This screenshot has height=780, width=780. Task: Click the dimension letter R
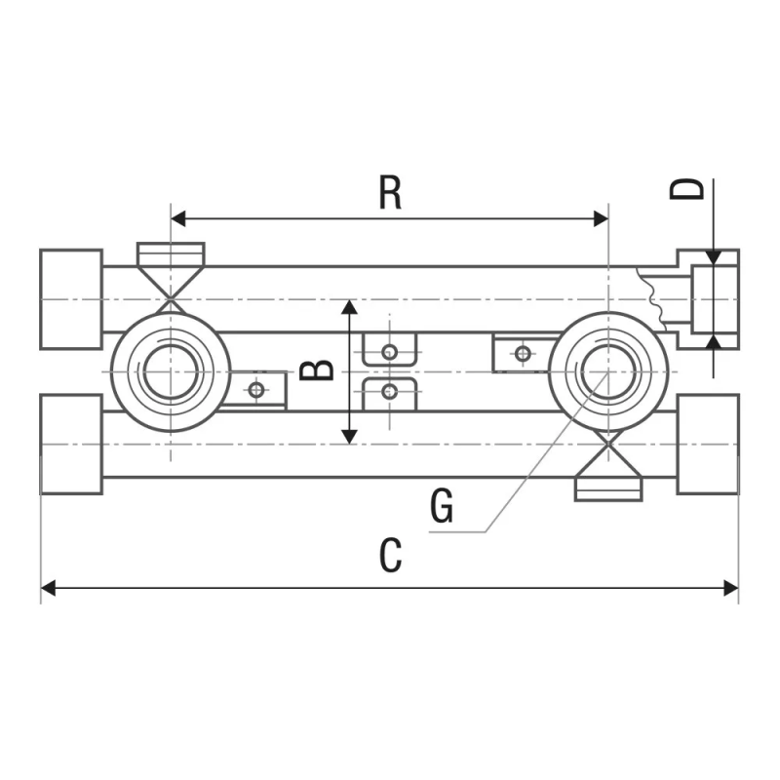tap(390, 192)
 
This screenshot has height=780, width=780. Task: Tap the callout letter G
tap(442, 507)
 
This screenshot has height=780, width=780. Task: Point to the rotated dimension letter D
tap(688, 187)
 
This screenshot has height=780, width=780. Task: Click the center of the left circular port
tap(171, 371)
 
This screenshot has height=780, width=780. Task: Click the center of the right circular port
tap(607, 371)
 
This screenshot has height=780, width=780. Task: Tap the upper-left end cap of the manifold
tap(71, 298)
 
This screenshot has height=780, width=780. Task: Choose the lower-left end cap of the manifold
tap(71, 444)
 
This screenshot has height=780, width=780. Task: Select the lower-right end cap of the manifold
tap(708, 444)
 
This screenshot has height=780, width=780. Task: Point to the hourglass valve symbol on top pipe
tap(171, 276)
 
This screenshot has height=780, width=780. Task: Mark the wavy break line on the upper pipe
tap(650, 298)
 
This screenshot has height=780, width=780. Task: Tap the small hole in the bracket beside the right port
tap(523, 352)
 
